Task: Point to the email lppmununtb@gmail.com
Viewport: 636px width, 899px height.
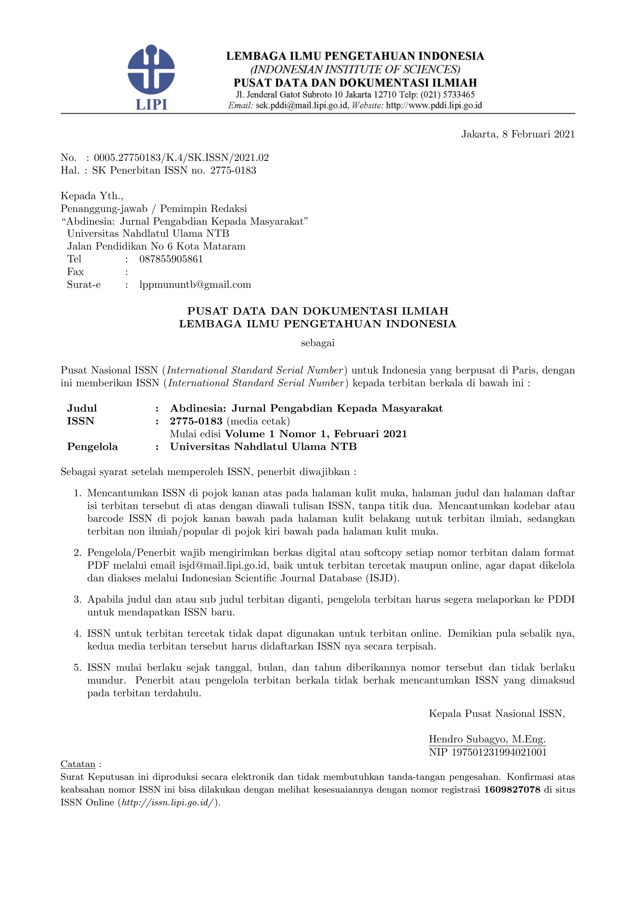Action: click(x=195, y=285)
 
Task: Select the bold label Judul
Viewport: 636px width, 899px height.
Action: click(x=82, y=408)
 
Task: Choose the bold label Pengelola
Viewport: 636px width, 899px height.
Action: click(x=92, y=447)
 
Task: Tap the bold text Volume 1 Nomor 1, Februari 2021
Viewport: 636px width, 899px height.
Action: click(x=316, y=434)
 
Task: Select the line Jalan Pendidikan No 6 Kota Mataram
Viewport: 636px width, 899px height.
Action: click(x=156, y=246)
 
